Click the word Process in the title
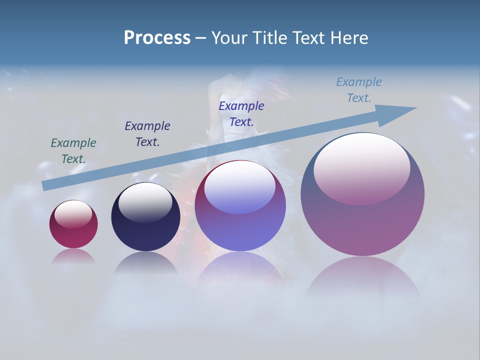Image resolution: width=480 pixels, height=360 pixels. [x=157, y=38]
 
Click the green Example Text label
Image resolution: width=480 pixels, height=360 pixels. [x=73, y=151]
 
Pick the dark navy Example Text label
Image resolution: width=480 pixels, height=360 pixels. [x=147, y=134]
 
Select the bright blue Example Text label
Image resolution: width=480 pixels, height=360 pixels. [x=241, y=114]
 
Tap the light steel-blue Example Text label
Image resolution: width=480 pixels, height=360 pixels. [x=359, y=90]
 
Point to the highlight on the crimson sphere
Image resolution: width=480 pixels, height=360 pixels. [x=73, y=214]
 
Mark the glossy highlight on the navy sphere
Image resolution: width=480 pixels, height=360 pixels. [x=145, y=202]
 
